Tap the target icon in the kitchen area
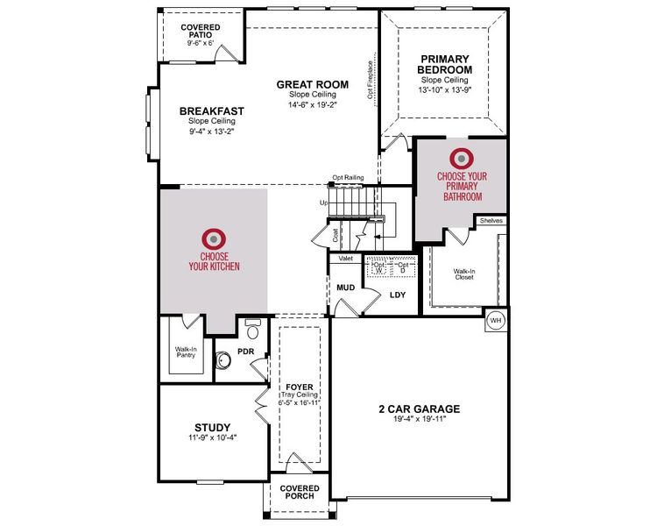click(x=212, y=238)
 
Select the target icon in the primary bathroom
click(x=461, y=159)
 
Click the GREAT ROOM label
click(x=312, y=85)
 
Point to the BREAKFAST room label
click(x=211, y=111)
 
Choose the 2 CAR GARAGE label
click(x=419, y=409)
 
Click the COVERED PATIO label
click(x=201, y=32)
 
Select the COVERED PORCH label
click(x=299, y=493)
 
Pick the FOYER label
click(x=299, y=387)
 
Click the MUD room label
click(x=345, y=288)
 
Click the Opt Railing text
click(x=347, y=177)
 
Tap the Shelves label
click(x=491, y=221)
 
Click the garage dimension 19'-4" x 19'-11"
click(x=419, y=420)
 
